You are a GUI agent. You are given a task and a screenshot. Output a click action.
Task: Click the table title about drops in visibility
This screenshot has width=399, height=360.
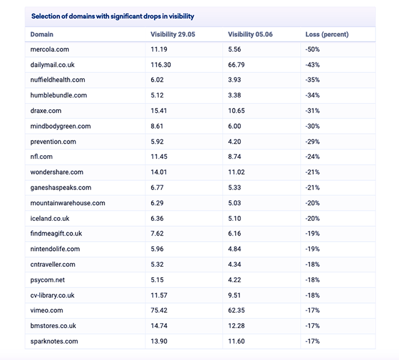tap(112, 17)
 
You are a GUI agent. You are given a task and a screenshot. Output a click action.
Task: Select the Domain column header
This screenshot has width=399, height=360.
tap(42, 34)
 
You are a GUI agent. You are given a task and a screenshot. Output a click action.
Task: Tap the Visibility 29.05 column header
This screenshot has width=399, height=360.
tap(172, 34)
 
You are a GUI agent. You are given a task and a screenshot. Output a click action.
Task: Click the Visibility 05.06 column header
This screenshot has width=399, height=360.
tap(250, 34)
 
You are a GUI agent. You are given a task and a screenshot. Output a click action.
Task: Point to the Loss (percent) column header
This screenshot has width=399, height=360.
tap(327, 34)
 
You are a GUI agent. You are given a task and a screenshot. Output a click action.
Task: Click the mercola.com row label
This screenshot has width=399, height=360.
tap(50, 49)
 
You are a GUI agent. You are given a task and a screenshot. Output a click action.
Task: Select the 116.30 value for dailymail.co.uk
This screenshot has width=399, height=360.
tap(161, 65)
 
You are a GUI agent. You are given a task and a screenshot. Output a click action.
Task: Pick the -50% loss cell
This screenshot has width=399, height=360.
tap(312, 49)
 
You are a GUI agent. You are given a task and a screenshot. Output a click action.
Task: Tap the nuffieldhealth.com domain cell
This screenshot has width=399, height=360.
tap(58, 80)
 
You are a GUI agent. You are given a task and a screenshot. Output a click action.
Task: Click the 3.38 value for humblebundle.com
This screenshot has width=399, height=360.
tap(234, 95)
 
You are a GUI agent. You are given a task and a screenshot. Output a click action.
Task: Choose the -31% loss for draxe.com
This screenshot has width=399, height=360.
tap(312, 111)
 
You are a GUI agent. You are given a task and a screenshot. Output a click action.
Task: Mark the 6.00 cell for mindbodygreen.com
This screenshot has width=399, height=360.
tap(234, 126)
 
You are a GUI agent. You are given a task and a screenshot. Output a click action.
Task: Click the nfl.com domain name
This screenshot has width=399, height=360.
tap(41, 156)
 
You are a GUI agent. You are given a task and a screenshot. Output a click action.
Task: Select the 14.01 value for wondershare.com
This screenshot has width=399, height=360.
tap(159, 172)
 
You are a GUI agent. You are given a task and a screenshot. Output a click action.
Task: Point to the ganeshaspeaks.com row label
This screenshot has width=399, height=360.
tap(61, 188)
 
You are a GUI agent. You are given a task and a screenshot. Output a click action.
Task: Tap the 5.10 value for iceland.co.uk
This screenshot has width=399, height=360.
tap(234, 219)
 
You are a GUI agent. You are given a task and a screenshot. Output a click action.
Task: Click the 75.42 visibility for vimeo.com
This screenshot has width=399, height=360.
tap(159, 310)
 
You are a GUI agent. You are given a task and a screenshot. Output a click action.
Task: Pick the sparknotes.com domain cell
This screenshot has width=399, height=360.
tap(54, 342)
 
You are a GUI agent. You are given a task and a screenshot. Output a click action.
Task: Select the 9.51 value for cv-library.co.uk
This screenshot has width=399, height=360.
tap(234, 296)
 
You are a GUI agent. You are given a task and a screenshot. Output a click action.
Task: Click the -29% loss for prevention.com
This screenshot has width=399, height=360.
tap(312, 142)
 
